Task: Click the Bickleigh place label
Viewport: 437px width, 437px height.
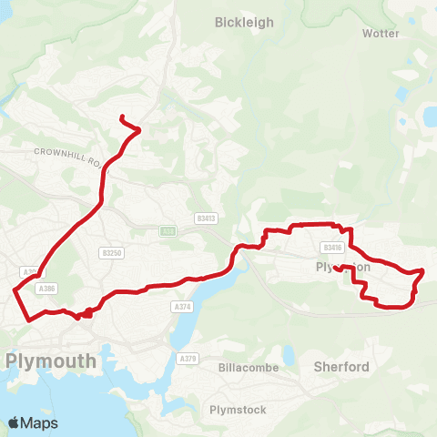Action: point(243,22)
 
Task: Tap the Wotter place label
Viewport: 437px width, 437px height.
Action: point(381,33)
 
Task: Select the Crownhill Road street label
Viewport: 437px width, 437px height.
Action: point(68,154)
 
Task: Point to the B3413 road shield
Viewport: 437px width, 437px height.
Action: point(206,218)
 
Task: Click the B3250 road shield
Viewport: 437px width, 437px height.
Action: point(113,252)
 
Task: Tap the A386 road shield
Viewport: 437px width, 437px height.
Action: point(47,288)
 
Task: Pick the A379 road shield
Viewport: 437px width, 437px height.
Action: point(188,359)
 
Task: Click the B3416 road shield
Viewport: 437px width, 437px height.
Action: point(331,247)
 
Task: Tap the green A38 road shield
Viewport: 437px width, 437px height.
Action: point(167,231)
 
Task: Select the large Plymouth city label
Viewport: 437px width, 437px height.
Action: point(51,361)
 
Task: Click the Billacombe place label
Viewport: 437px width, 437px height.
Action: point(245,367)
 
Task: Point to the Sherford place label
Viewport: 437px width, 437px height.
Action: point(340,367)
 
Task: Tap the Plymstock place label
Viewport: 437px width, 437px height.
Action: point(238,410)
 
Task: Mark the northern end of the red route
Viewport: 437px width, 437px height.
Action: point(122,117)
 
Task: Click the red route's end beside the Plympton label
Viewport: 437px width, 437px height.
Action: point(336,268)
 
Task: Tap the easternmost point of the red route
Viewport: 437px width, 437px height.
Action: point(423,271)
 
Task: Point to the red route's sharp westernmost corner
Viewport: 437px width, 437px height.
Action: point(14,290)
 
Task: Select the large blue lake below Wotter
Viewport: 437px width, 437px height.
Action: point(428,116)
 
